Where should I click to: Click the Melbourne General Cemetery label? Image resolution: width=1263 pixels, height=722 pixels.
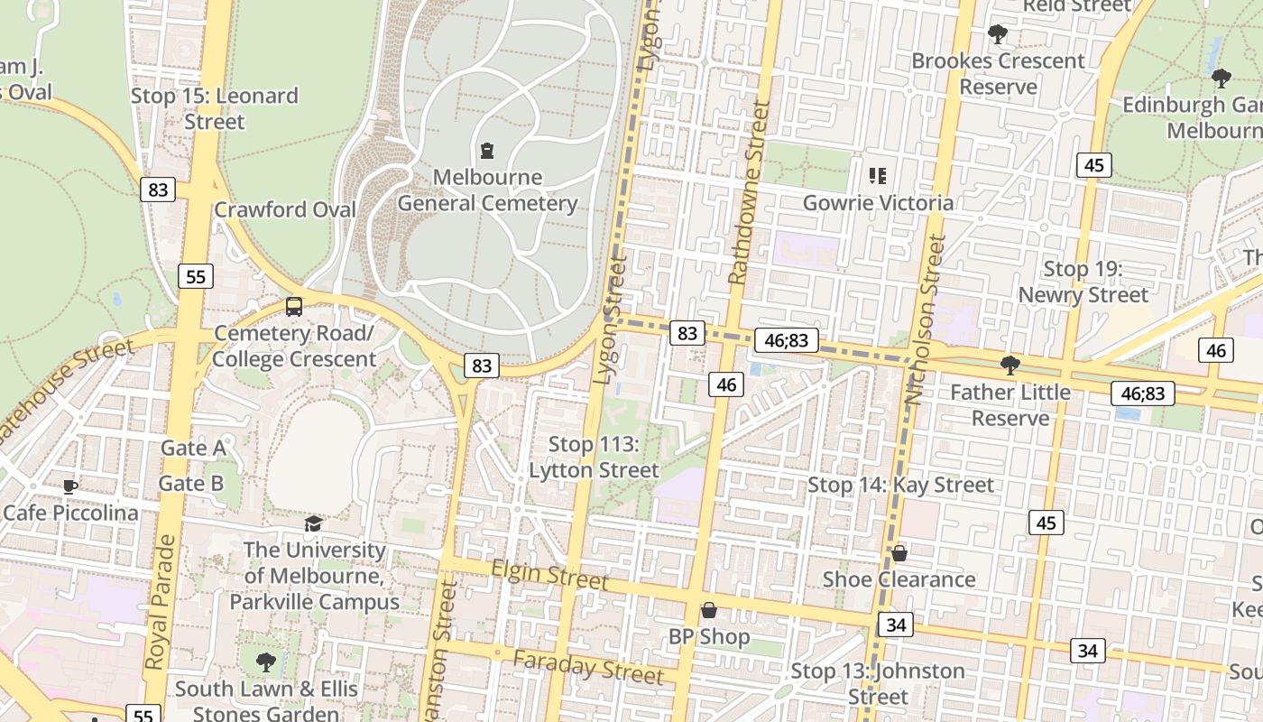point(487,190)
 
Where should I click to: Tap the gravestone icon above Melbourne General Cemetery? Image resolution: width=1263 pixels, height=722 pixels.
point(487,150)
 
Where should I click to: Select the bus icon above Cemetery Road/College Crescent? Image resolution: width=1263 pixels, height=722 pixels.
point(294,306)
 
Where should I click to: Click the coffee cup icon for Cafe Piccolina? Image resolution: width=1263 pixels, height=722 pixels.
point(70,488)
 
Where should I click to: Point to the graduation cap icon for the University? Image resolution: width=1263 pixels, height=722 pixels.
point(313,524)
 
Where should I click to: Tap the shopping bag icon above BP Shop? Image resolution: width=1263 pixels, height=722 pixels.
point(709,611)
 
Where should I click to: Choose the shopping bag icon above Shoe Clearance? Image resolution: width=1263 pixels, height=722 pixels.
point(899,553)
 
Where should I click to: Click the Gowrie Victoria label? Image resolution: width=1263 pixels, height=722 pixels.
point(878,202)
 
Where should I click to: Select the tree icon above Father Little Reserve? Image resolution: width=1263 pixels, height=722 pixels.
point(1010,366)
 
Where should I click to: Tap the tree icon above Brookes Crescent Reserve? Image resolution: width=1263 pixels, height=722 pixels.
point(998,35)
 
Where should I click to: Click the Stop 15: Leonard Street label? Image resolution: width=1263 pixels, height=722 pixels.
point(214,108)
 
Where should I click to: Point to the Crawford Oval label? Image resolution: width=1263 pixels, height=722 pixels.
point(285,209)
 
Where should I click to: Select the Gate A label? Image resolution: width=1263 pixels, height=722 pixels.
point(193,448)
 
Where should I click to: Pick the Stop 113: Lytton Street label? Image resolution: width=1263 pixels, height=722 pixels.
point(594,458)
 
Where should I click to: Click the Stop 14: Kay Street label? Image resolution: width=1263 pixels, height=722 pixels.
point(900,485)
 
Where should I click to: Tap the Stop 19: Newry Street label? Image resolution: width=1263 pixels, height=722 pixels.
point(1083,282)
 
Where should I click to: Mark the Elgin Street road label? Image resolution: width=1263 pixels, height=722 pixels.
point(549,574)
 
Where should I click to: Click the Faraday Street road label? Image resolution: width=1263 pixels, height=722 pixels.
point(588,666)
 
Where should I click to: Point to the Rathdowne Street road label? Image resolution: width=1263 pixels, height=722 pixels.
point(749,193)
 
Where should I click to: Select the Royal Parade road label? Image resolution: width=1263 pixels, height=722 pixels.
point(160,602)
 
